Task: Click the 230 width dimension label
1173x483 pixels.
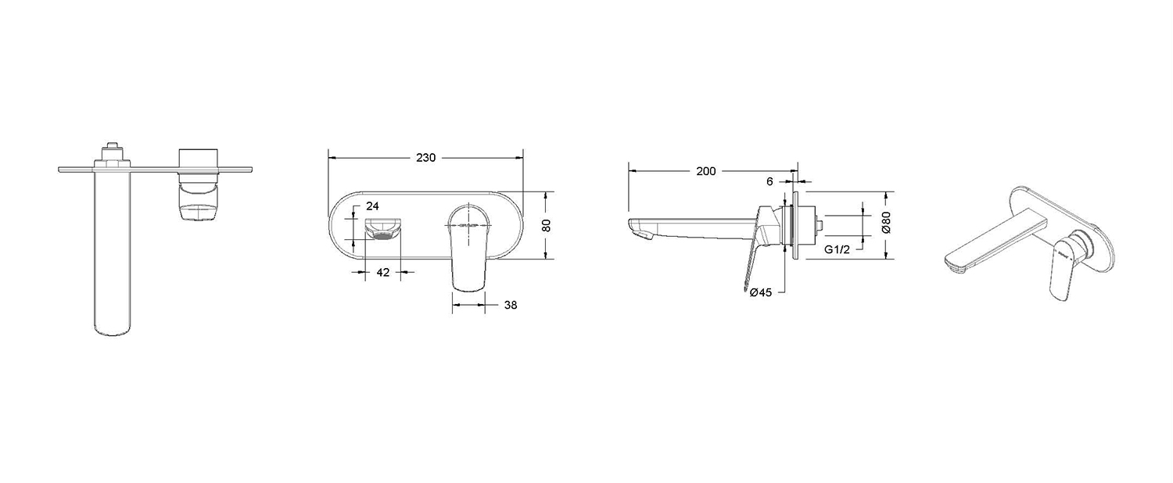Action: coord(425,158)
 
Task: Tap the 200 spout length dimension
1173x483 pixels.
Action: coord(705,171)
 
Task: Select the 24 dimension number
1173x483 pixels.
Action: coord(372,206)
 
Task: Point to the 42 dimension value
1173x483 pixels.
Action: coord(383,273)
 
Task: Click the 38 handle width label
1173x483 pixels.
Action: coord(510,305)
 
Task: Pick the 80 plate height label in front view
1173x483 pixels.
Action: coord(546,226)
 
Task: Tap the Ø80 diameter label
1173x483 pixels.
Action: coord(886,222)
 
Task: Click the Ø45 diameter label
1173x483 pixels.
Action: coord(760,292)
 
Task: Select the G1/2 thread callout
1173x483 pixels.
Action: coord(837,249)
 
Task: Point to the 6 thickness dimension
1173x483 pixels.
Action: coord(769,181)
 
